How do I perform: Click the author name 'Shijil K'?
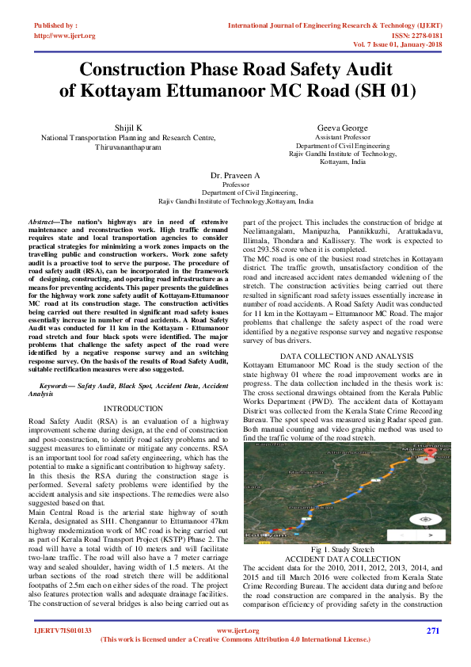(128, 128)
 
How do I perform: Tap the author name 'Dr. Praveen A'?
(235, 173)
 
